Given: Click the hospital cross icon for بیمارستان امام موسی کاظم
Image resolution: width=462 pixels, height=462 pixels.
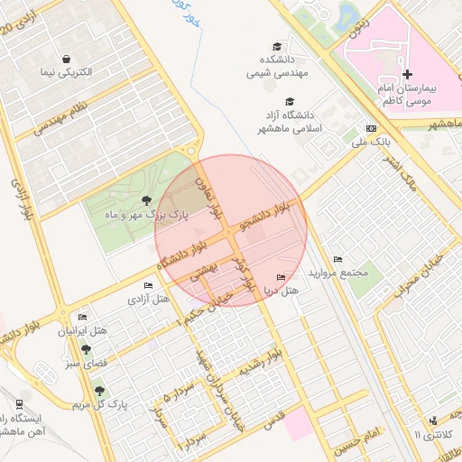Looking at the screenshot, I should (x=406, y=74).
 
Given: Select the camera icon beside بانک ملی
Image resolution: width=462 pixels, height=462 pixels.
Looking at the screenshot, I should (x=371, y=128).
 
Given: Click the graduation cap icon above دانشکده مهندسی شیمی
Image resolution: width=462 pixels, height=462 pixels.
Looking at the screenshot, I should (x=277, y=47).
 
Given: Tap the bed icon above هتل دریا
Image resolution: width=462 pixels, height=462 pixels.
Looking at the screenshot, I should (x=281, y=277).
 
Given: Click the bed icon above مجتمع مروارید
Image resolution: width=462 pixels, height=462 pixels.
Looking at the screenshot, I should (x=337, y=259).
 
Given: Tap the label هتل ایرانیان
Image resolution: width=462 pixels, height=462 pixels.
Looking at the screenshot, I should (x=83, y=331).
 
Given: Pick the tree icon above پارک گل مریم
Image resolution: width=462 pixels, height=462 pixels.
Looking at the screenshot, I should (x=99, y=392).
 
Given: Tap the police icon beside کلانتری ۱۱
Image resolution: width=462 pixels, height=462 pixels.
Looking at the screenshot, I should (x=435, y=420).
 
